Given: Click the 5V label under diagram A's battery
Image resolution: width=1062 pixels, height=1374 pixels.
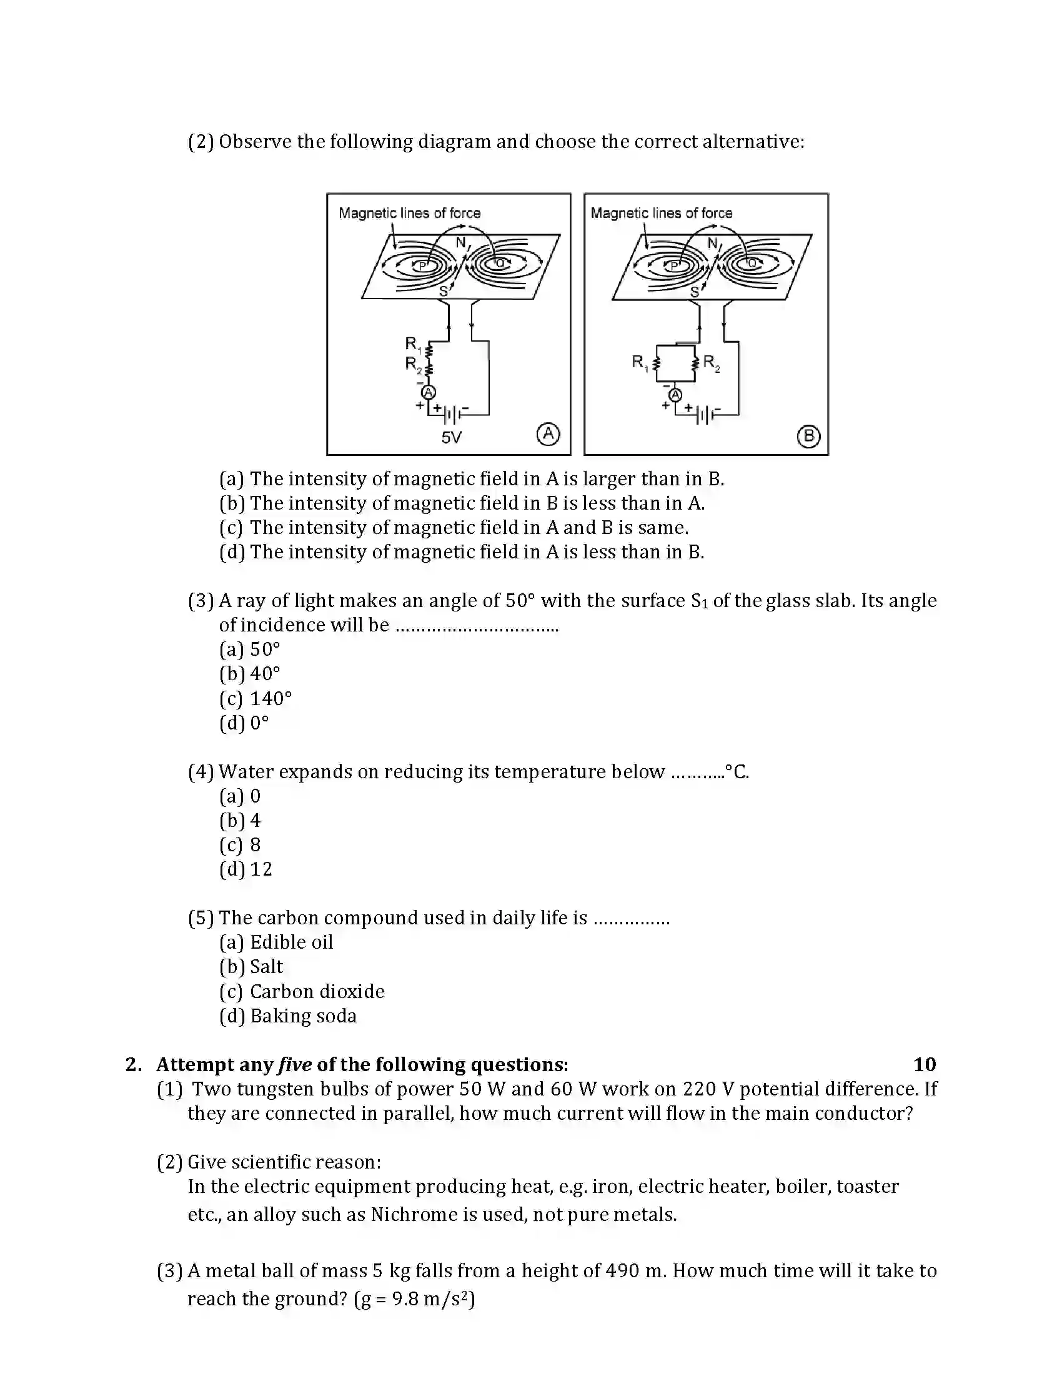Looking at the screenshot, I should [x=451, y=437].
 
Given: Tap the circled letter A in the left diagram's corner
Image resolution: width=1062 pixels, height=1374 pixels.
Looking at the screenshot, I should [x=548, y=434].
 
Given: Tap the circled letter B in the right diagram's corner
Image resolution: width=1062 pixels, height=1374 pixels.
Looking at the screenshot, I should [x=808, y=436].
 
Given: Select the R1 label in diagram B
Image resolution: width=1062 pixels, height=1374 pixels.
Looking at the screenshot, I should [x=640, y=362].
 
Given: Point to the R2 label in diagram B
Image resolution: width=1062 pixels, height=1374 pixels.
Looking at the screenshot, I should [x=711, y=362].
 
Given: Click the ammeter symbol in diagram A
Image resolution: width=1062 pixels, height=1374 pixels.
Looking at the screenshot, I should [x=429, y=393].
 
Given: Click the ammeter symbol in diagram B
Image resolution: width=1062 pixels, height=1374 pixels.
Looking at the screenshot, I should [x=675, y=395].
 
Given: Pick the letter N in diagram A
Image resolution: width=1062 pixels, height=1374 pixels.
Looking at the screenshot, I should [x=461, y=242].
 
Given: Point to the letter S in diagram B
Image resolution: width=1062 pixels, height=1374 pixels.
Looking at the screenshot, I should [x=695, y=291].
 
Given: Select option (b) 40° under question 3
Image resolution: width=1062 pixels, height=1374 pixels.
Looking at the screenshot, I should [x=250, y=674].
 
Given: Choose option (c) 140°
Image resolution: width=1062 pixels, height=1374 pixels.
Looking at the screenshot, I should [x=256, y=698].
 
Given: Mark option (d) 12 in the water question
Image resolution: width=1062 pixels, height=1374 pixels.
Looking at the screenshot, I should [x=246, y=869].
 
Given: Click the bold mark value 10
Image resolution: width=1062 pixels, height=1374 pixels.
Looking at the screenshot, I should [x=924, y=1064].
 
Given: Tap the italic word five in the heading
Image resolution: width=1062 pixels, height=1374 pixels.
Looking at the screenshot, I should [x=294, y=1064].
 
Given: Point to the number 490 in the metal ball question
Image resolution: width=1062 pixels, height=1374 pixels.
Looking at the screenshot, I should [x=622, y=1270].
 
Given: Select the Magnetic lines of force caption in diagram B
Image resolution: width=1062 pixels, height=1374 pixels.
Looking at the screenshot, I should [x=661, y=213].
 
